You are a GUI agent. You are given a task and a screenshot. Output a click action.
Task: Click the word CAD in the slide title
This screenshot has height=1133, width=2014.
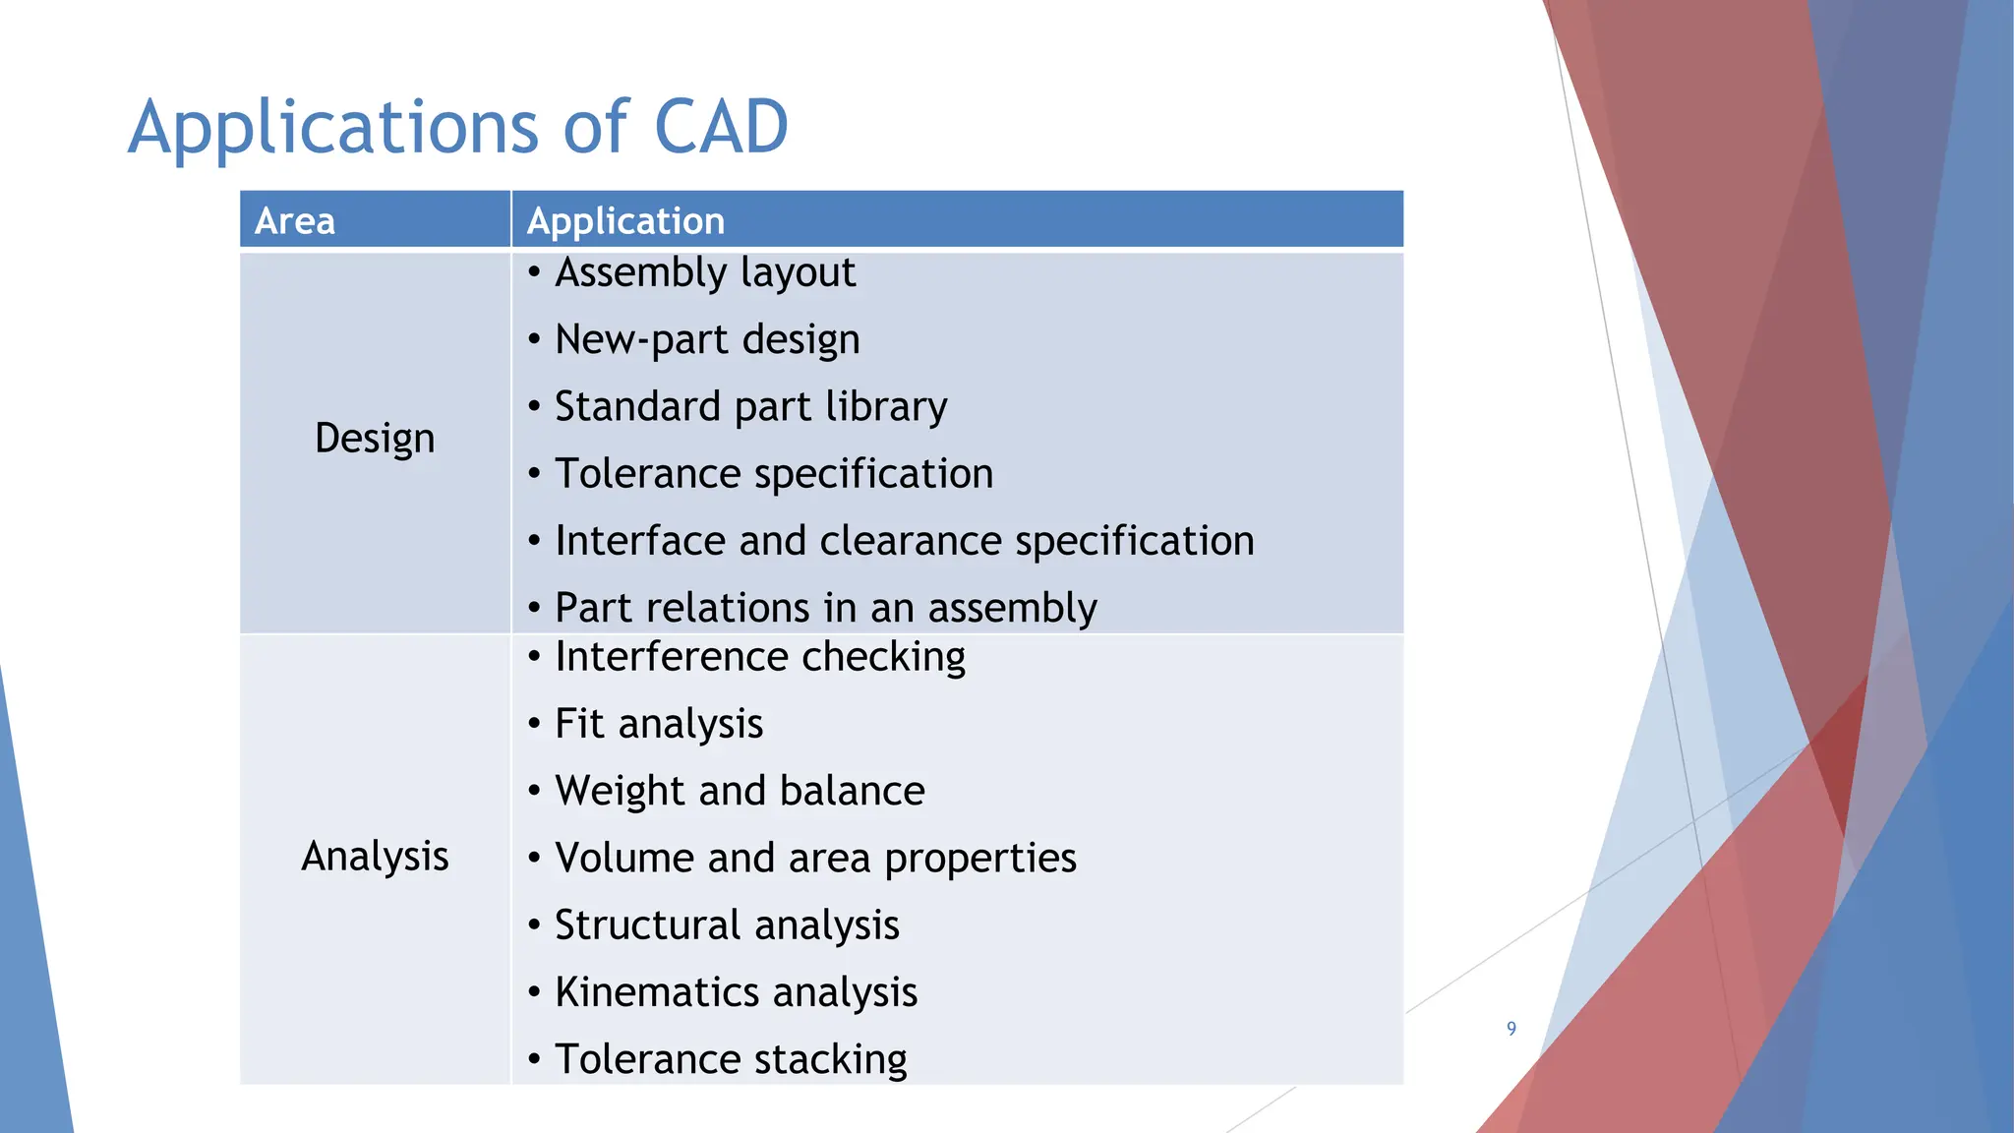point(721,127)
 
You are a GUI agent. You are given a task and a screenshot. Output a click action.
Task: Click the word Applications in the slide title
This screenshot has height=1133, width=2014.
point(334,129)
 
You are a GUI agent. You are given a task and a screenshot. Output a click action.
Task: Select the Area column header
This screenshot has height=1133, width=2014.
point(295,220)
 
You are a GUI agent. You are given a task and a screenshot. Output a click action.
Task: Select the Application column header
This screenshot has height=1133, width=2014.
point(625,220)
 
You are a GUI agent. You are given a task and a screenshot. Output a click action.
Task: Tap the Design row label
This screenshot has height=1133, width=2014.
point(375,438)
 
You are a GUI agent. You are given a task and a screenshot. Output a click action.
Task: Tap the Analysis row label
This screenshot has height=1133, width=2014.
point(375,857)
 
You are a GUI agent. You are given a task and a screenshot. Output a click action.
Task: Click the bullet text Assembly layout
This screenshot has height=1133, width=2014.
point(705,272)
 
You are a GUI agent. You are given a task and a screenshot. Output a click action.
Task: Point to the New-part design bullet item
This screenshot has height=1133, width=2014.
point(707,339)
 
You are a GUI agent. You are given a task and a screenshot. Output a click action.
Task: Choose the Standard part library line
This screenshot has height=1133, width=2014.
point(750,406)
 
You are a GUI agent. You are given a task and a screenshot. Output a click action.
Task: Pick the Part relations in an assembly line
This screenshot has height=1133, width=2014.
point(825,608)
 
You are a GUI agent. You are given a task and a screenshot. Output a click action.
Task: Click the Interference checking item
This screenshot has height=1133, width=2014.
point(759,657)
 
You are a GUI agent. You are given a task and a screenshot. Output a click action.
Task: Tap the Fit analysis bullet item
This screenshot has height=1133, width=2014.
point(659,724)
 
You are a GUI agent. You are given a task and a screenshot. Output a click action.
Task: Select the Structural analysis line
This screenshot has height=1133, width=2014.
point(727,925)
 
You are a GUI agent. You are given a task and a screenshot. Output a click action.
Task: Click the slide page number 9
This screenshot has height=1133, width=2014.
point(1511,1029)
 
